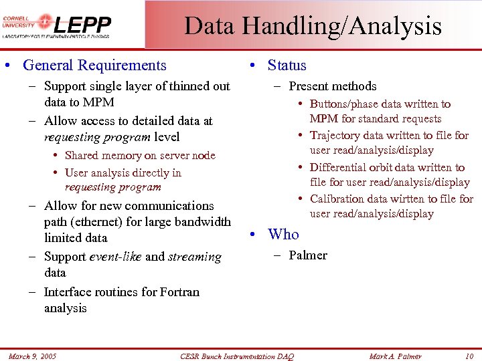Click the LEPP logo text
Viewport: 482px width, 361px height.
pos(82,25)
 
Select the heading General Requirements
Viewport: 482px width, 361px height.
pos(94,66)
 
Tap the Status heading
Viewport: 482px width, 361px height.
pos(287,66)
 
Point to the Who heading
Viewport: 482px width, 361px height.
pos(283,234)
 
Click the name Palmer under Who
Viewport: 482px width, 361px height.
pos(308,255)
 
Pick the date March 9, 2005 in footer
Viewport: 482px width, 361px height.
pos(32,356)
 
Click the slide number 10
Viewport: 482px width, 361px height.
pos(469,356)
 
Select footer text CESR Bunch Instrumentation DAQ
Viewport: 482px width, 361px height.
pos(237,356)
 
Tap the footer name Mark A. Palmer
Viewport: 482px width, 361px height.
pos(395,356)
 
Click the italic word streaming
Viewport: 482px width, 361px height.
pos(195,257)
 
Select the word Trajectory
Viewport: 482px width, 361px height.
pos(335,136)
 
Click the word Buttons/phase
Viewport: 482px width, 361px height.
pos(343,104)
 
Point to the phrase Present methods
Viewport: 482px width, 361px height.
pos(332,86)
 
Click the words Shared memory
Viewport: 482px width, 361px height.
pos(100,156)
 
